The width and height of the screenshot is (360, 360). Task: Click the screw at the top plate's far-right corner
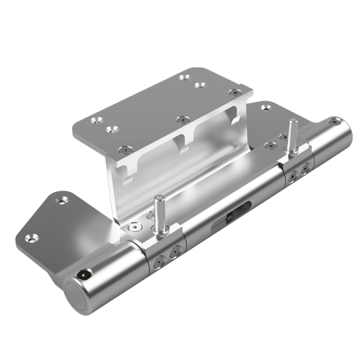pos(233,93)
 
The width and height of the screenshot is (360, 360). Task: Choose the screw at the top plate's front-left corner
pos(111,129)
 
